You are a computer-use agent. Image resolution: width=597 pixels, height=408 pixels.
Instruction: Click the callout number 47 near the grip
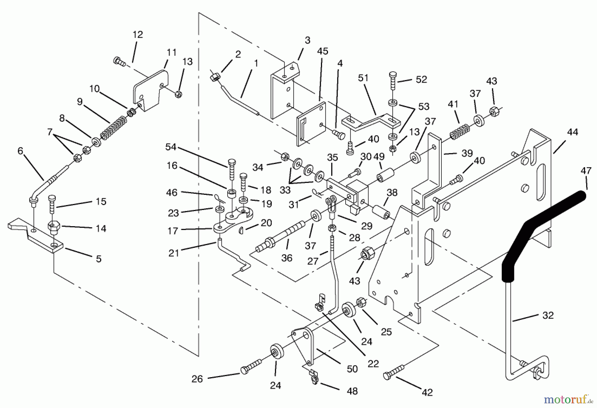pyautogui.click(x=586, y=171)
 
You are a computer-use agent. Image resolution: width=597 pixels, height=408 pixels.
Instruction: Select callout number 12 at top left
pyautogui.click(x=138, y=34)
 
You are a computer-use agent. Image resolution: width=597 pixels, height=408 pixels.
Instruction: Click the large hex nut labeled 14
pyautogui.click(x=53, y=227)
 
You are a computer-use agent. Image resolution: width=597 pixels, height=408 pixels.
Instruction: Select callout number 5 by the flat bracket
pyautogui.click(x=99, y=259)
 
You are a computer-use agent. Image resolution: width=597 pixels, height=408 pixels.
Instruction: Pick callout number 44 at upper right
pyautogui.click(x=572, y=132)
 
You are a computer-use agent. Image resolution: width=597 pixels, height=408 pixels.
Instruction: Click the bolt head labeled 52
pyautogui.click(x=392, y=75)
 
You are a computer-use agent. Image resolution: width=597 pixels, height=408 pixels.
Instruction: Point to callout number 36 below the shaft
pyautogui.click(x=287, y=258)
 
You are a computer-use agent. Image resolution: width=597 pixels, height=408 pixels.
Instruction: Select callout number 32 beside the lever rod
pyautogui.click(x=548, y=315)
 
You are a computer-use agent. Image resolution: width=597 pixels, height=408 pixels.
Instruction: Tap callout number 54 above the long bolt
pyautogui.click(x=171, y=147)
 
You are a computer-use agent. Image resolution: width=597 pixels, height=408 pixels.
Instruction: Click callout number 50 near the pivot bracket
pyautogui.click(x=352, y=369)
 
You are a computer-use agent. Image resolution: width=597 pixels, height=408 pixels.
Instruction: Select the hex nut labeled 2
pyautogui.click(x=214, y=78)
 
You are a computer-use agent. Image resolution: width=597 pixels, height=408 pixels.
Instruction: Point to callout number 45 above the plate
pyautogui.click(x=322, y=51)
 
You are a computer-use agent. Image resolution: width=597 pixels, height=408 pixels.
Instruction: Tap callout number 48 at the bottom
pyautogui.click(x=352, y=391)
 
